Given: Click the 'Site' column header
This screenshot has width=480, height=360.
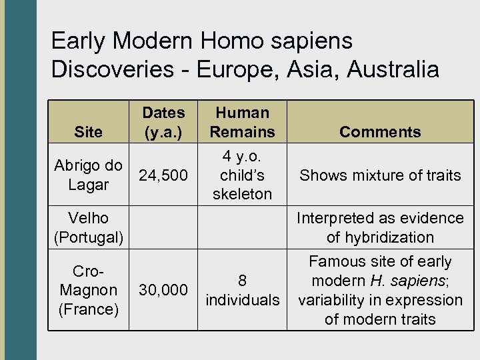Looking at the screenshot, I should [x=89, y=132].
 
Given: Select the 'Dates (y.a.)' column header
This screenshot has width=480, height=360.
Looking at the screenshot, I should [x=163, y=122].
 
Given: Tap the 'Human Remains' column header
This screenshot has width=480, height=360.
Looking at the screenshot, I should [x=242, y=122].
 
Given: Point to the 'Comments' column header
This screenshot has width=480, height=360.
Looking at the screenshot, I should [x=380, y=132].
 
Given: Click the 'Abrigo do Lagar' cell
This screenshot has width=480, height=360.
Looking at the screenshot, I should [x=89, y=175].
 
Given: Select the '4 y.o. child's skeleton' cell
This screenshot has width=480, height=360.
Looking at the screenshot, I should [x=242, y=175].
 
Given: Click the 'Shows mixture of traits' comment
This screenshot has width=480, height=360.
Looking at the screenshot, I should [x=380, y=175].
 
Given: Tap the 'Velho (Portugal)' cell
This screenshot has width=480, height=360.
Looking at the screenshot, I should [x=89, y=227].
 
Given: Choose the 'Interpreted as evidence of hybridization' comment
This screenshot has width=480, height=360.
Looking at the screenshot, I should [x=380, y=227].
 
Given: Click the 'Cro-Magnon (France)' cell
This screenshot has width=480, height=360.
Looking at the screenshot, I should [x=89, y=290].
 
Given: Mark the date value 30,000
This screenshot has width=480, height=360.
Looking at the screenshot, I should [x=163, y=290].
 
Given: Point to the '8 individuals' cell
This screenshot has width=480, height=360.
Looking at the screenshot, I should [x=242, y=290].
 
